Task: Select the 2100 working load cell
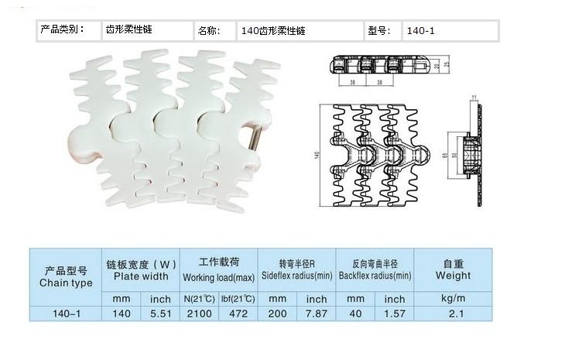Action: (x=200, y=314)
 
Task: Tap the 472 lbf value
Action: (x=239, y=314)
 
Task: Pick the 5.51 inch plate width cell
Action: (x=160, y=314)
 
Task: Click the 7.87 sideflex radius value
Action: (x=316, y=314)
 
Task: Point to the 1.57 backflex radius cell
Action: (x=395, y=314)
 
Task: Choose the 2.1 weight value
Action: (x=454, y=314)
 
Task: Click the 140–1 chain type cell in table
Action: (x=66, y=314)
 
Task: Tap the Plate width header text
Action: (x=141, y=276)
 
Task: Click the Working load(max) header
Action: (x=219, y=277)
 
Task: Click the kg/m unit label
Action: (x=454, y=298)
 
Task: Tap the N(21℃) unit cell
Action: (x=200, y=299)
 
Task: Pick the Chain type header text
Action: (x=66, y=283)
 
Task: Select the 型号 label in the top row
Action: (x=377, y=32)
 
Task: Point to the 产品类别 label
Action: (x=60, y=30)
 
